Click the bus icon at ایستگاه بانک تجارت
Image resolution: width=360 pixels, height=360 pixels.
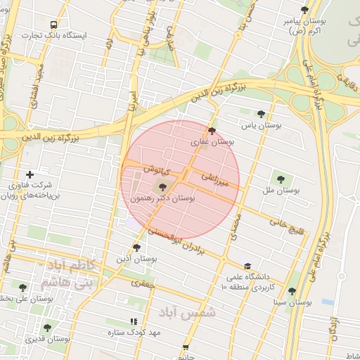tap(54, 25)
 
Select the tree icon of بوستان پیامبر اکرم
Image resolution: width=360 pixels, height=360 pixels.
tap(304, 10)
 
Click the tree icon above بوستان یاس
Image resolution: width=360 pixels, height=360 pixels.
tap(261, 113)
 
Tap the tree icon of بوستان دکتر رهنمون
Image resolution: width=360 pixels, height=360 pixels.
tap(163, 187)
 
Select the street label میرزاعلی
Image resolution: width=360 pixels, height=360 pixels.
tap(215, 179)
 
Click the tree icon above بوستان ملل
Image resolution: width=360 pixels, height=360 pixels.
tap(281, 179)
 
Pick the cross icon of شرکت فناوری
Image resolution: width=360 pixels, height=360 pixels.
tap(30, 174)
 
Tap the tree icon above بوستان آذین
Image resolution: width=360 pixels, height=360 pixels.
tap(136, 247)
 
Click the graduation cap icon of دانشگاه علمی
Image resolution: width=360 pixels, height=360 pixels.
tap(247, 266)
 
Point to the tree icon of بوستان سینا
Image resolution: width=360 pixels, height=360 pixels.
tap(292, 291)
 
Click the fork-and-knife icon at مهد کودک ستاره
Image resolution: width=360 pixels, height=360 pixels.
tap(134, 321)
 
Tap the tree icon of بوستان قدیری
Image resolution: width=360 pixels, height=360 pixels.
tap(47, 328)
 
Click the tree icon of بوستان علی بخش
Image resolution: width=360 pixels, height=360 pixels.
tap(23, 288)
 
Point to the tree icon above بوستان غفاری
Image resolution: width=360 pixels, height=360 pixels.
tap(212, 131)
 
